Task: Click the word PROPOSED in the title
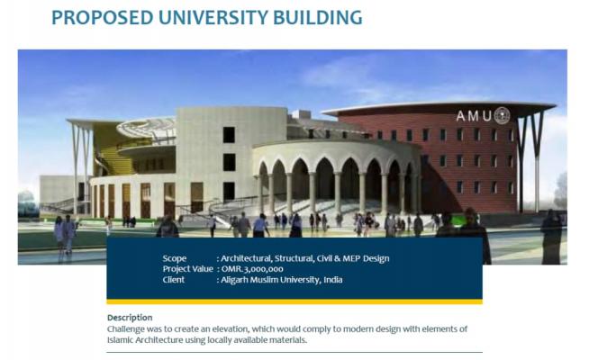[102, 18]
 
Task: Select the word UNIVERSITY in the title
[213, 18]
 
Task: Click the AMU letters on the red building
[474, 116]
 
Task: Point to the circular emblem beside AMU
[502, 115]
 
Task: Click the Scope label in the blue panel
[175, 258]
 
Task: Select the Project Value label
[187, 269]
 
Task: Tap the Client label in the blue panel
[174, 280]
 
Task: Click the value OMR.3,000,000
[252, 269]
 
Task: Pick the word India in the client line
[333, 280]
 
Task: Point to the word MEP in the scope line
[351, 258]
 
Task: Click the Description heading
[130, 318]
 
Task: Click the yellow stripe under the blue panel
[294, 301]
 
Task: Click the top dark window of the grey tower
[229, 135]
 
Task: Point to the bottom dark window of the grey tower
[229, 191]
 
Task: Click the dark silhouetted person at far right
[551, 237]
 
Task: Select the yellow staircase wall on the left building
[107, 149]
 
